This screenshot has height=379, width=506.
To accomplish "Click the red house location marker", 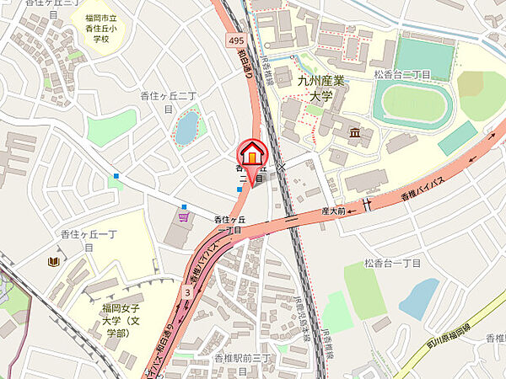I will (251, 154).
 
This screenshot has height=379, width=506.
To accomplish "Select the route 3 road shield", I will (186, 291).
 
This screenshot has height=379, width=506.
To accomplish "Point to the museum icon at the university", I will (355, 132).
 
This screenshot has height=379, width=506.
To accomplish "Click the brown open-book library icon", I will (54, 262).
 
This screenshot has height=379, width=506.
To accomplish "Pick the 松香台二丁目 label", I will (403, 74).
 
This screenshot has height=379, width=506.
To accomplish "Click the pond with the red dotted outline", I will (186, 127).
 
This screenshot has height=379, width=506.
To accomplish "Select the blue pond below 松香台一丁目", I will (419, 297).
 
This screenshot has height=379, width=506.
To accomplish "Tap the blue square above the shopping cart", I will (116, 176).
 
